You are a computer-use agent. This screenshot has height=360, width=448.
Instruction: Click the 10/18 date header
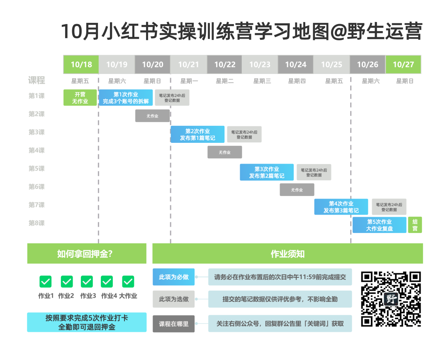pos(81,64)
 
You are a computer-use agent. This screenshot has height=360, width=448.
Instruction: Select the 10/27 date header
pos(403,64)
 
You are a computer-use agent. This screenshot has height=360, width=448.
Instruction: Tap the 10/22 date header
pos(224,64)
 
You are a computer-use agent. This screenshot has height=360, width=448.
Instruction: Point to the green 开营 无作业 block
pos(80,98)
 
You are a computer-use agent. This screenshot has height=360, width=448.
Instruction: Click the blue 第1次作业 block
pos(126,98)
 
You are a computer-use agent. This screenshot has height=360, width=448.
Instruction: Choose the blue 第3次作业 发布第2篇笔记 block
pos(267,172)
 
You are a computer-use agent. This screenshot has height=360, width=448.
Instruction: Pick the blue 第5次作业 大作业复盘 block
pos(379,225)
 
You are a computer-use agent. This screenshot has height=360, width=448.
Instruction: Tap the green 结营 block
pos(415,225)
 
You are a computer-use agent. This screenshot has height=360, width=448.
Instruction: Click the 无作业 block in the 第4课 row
pos(224,152)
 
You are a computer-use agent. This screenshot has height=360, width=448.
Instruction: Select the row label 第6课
pos(37,187)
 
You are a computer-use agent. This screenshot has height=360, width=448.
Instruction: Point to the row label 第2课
pos(37,114)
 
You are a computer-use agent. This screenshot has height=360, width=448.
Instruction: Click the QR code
pos(391,299)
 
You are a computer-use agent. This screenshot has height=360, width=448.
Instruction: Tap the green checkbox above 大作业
pos(128,282)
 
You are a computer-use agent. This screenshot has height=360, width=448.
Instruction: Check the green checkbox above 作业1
pos(46,282)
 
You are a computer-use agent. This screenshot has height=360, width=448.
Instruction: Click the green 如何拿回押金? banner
pos(87,254)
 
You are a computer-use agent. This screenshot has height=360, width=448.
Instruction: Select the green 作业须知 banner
pos(287,254)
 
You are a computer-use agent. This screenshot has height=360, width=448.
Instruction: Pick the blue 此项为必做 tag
pos(174,277)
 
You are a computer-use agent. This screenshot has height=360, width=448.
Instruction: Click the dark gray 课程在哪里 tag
pos(174,324)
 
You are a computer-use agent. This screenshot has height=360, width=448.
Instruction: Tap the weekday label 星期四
pos(297,81)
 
